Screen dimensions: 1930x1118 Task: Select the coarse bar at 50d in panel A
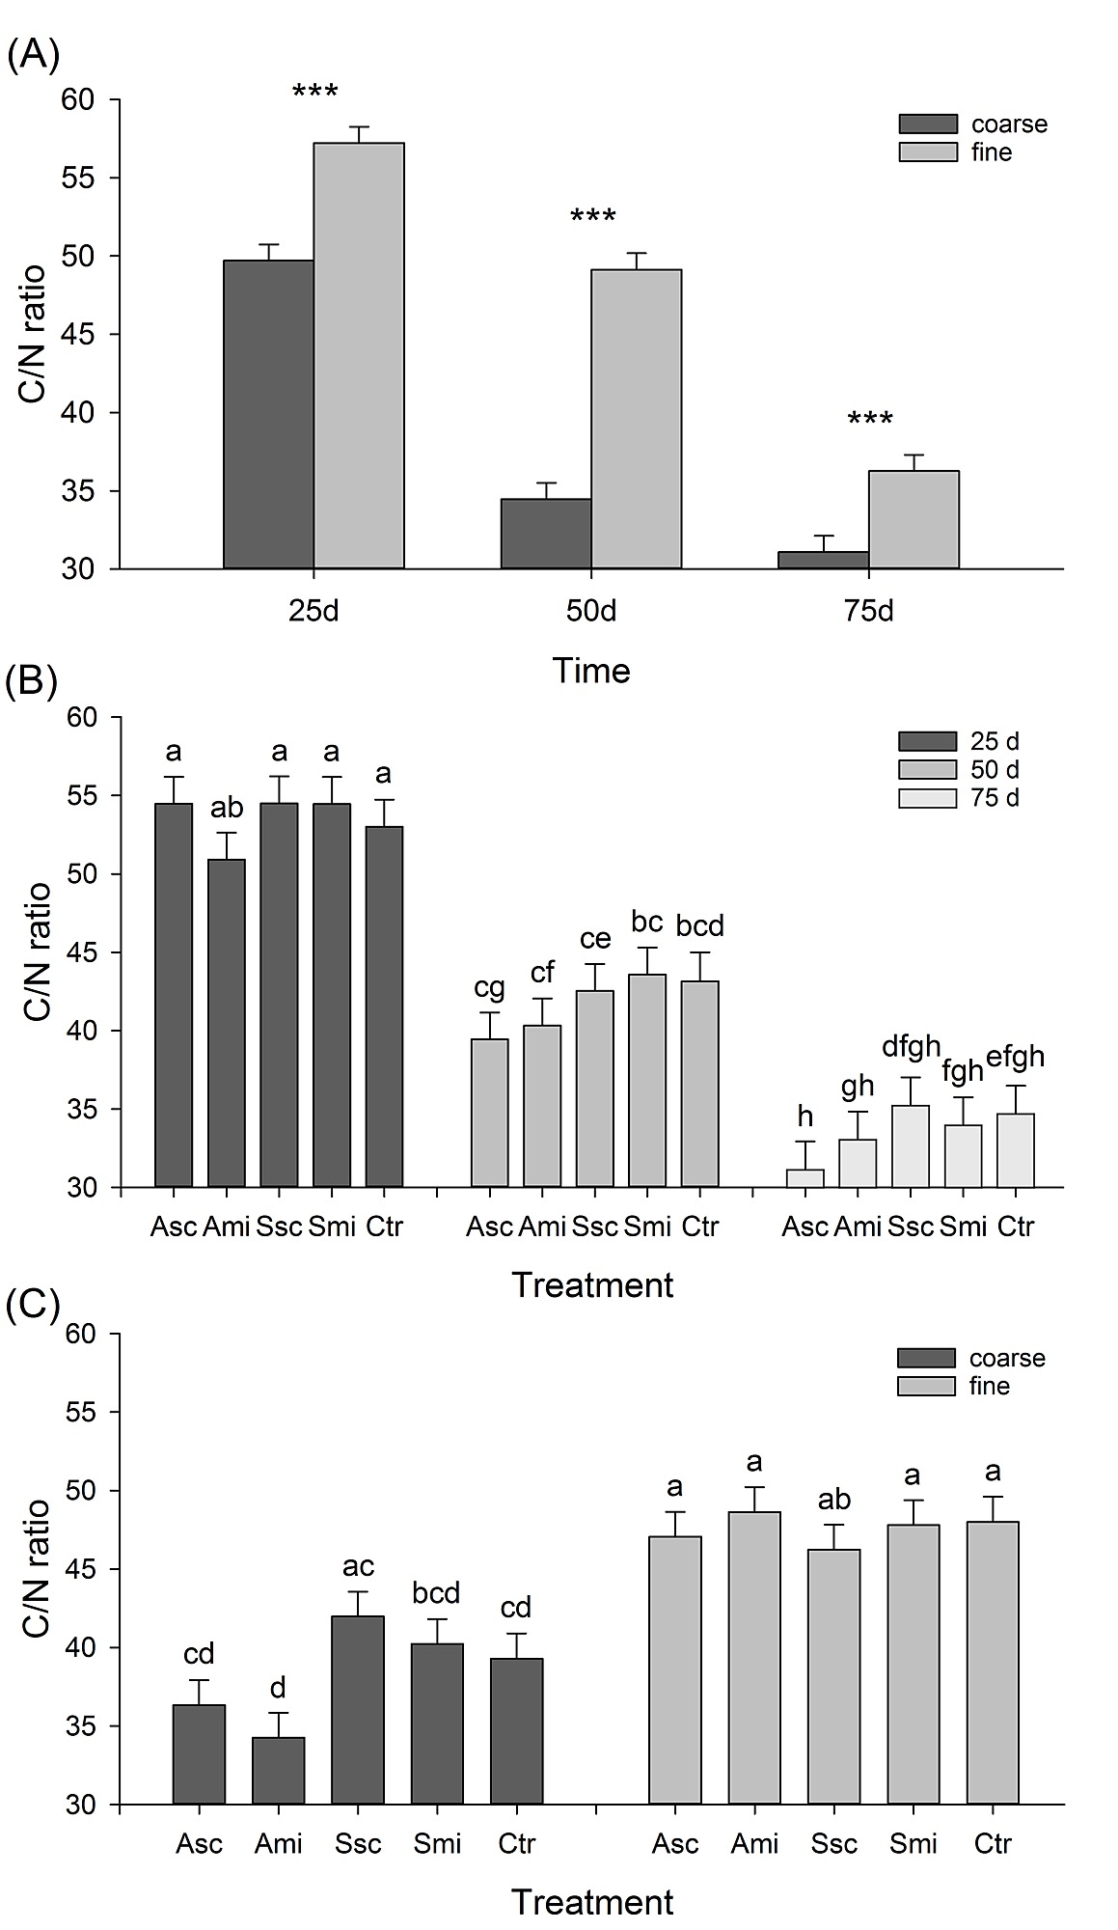click(x=546, y=534)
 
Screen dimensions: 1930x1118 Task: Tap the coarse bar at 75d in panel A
click(x=823, y=560)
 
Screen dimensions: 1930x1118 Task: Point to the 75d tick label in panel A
click(x=869, y=613)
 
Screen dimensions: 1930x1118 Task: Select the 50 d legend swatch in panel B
click(x=927, y=770)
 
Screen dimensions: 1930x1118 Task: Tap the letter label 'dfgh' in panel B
click(x=912, y=1045)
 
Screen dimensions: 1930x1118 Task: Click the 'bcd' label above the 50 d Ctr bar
click(x=699, y=926)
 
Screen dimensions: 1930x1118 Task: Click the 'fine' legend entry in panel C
click(x=989, y=1386)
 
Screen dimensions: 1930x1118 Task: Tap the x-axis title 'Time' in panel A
click(x=591, y=671)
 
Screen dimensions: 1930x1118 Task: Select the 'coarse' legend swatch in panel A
click(x=927, y=124)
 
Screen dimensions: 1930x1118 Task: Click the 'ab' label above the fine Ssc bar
click(x=834, y=1499)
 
